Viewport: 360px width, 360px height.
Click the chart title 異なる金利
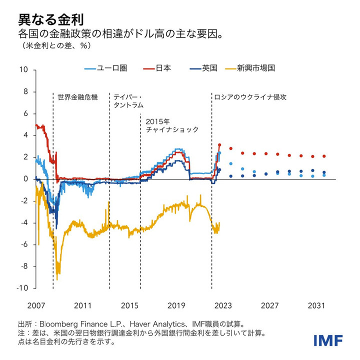point(50,19)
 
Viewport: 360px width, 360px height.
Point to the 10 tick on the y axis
point(24,70)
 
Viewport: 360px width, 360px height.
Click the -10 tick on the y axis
point(23,288)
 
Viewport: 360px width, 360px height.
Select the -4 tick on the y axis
point(25,223)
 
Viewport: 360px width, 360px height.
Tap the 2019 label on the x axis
point(177,304)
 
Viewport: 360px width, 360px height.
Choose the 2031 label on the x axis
point(317,304)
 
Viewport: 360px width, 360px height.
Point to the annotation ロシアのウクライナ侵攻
point(249,96)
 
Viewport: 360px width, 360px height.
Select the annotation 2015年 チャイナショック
point(172,125)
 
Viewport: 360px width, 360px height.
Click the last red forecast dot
point(324,156)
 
